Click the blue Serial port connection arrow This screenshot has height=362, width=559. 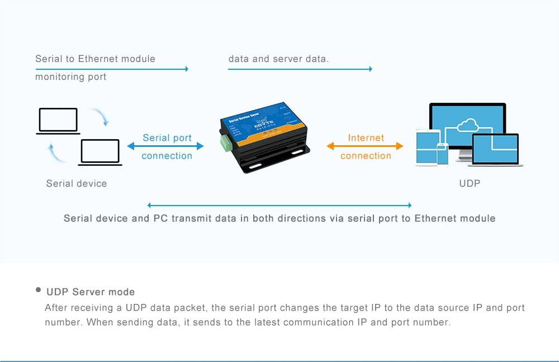pyautogui.click(x=165, y=146)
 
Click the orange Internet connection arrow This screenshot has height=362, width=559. pyautogui.click(x=365, y=146)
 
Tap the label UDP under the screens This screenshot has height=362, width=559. pyautogui.click(x=470, y=183)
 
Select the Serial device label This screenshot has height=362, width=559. pyautogui.click(x=77, y=183)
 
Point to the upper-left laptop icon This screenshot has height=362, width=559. pyautogui.click(x=58, y=121)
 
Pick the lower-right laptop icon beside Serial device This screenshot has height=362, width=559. pyautogui.click(x=100, y=152)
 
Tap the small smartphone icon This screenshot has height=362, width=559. pyautogui.click(x=443, y=154)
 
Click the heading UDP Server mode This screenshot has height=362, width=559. pyautogui.click(x=91, y=292)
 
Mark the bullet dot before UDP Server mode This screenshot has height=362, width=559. pyautogui.click(x=39, y=290)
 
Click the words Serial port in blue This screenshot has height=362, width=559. pyautogui.click(x=167, y=138)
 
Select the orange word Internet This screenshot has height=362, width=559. pyautogui.click(x=366, y=138)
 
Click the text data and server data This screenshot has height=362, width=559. pyautogui.click(x=278, y=59)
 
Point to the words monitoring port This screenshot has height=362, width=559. pyautogui.click(x=70, y=77)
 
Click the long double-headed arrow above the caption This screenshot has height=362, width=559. pyautogui.click(x=279, y=206)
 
